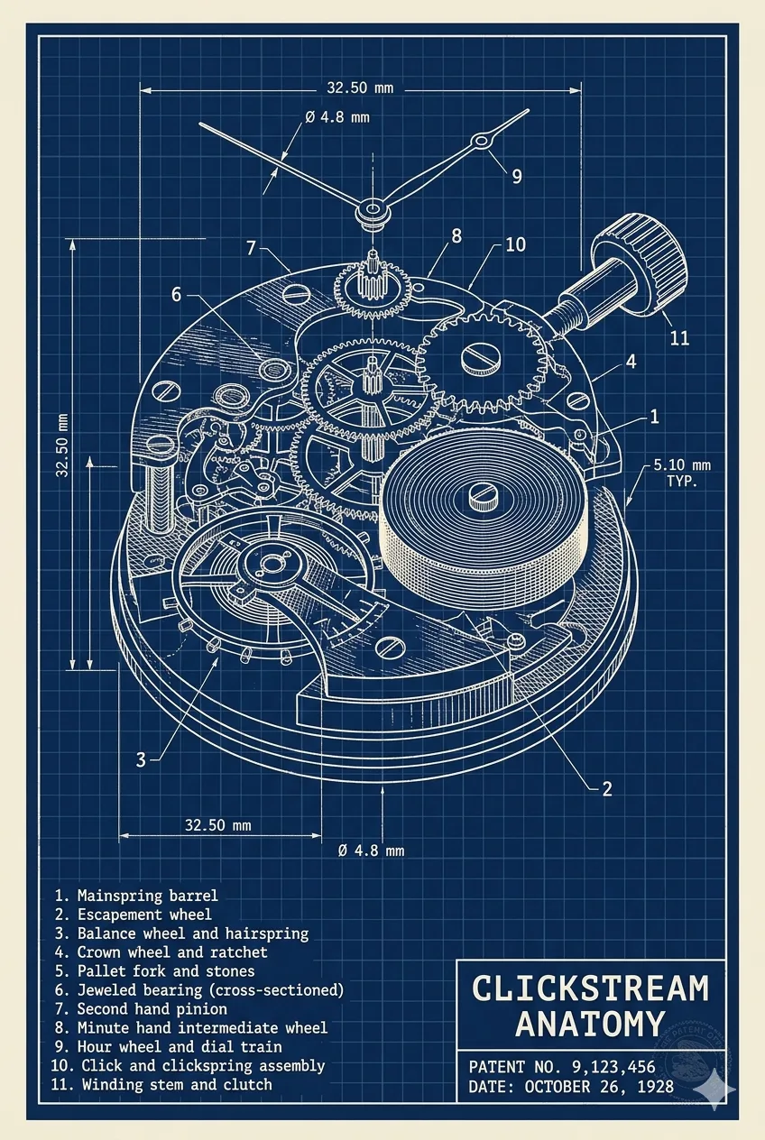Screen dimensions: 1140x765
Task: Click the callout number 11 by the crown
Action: pos(679,338)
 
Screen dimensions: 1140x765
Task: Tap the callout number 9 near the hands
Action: pos(516,176)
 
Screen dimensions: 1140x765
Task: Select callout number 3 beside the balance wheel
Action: pos(141,759)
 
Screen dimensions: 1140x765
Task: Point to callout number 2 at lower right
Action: pos(607,788)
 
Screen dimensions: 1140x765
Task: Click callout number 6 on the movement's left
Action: pos(177,294)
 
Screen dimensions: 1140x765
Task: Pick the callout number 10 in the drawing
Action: pos(515,244)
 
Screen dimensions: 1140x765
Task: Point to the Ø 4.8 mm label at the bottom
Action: pos(371,850)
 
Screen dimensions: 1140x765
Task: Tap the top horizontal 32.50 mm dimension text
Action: pos(360,88)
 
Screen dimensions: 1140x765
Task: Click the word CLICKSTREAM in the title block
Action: pos(590,988)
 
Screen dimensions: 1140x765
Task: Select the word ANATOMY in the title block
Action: pos(590,1025)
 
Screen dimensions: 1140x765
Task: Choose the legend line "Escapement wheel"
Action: pos(144,915)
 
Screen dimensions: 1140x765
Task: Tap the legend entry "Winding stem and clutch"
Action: pos(177,1084)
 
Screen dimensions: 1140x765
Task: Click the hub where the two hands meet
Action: pos(370,212)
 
